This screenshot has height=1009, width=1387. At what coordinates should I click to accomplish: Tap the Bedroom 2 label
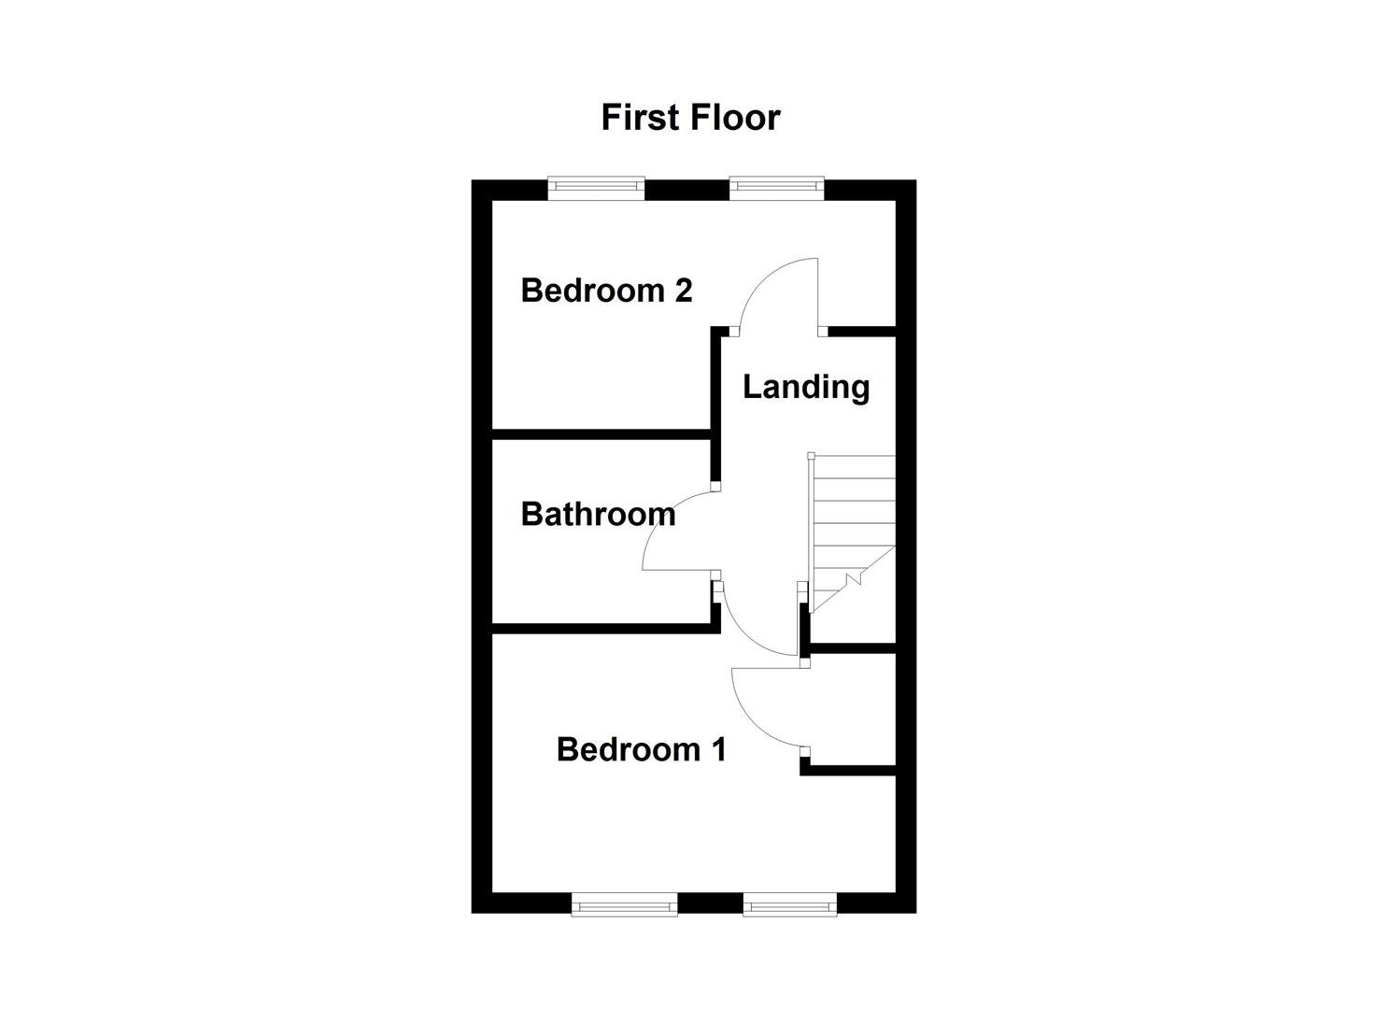coord(606,291)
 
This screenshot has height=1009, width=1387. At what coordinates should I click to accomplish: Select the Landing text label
coord(805,387)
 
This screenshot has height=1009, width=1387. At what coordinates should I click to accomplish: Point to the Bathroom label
coord(598,514)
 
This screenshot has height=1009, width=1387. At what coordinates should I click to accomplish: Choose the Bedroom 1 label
coord(641,749)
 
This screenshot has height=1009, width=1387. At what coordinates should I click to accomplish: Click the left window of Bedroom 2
coord(596,189)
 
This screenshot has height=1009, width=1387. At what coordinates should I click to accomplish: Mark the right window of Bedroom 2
coord(776,189)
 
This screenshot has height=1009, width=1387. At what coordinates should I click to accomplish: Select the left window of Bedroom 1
coord(624,903)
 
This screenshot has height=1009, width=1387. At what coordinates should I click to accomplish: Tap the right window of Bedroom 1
coord(789,903)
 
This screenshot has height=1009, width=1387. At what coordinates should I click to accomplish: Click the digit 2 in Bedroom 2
coord(683,291)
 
